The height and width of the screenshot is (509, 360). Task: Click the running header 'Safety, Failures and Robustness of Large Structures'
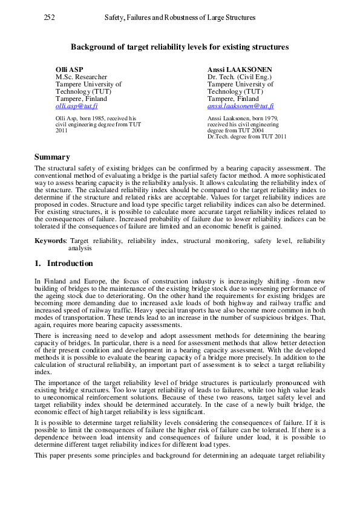[180, 18]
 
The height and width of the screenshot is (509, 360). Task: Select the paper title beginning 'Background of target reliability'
[180, 47]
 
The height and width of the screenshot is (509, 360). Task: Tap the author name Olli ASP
[69, 70]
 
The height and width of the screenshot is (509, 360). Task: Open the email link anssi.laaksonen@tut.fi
[240, 106]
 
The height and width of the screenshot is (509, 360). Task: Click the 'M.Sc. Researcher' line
[81, 77]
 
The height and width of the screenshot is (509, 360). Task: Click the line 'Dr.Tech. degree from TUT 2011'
[246, 137]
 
